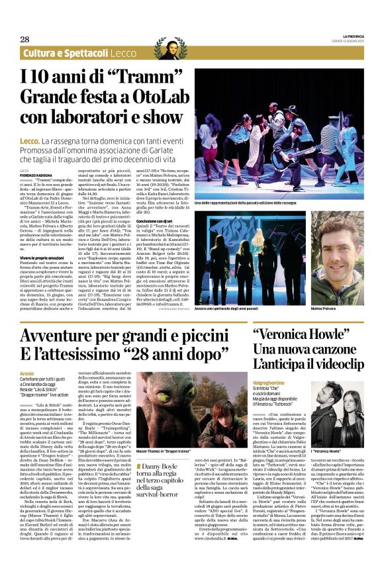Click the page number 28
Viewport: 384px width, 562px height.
click(x=26, y=39)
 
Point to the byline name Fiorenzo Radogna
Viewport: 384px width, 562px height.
click(x=34, y=175)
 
